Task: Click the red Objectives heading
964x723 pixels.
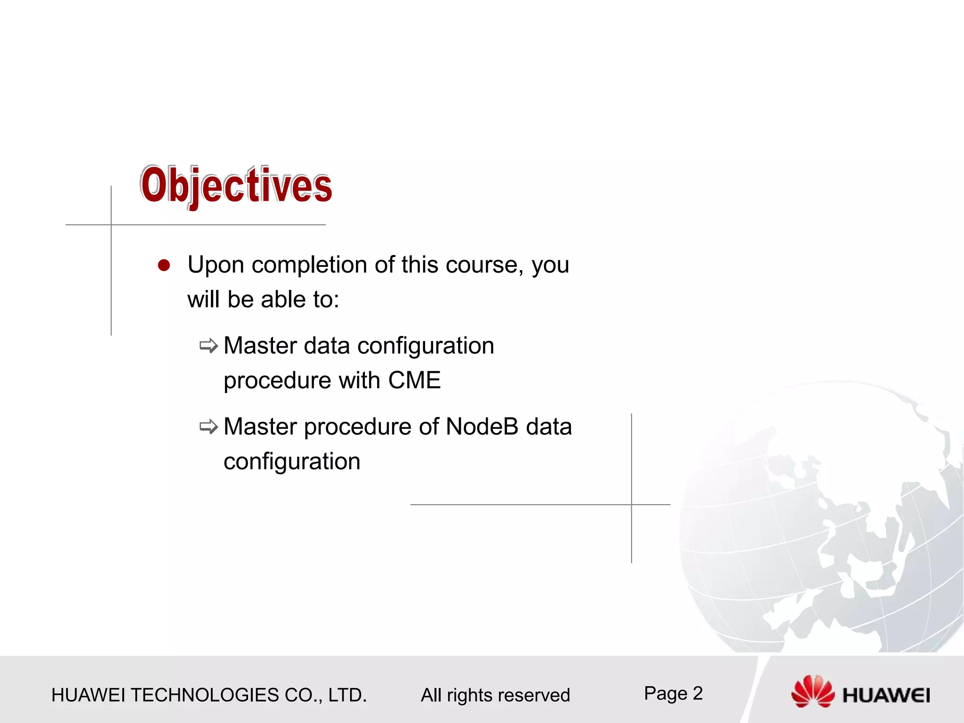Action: tap(236, 185)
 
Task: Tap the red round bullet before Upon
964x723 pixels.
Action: tap(164, 265)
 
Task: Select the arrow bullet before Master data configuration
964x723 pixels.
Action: tap(209, 346)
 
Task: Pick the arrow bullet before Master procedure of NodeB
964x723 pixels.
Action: tap(209, 427)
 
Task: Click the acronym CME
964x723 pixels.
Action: tap(414, 380)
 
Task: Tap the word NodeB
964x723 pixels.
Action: tap(482, 426)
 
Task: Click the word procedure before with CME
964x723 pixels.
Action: tap(277, 380)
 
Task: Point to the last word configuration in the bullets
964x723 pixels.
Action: tap(292, 461)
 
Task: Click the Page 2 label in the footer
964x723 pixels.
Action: tap(673, 693)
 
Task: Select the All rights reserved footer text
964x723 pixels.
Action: tap(495, 695)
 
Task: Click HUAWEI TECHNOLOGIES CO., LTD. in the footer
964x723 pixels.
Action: tap(209, 695)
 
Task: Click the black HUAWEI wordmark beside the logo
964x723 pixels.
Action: tap(886, 695)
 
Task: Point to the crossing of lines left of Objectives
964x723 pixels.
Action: tap(112, 225)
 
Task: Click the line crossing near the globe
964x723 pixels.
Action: tap(632, 505)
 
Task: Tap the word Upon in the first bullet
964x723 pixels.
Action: tap(216, 265)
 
